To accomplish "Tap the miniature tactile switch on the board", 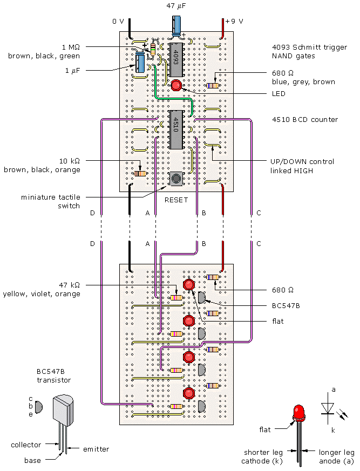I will pos(175,179).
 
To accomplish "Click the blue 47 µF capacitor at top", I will pos(176,26).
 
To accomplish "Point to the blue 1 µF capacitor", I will pos(140,63).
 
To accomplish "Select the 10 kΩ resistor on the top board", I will pos(139,173).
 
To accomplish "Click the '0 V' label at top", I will pos(118,22).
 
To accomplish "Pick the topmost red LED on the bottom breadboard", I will pos(189,285).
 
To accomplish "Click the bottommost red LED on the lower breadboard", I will pos(189,393).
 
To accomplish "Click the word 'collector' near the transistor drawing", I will pos(26,445).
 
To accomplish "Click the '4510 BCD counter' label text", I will pos(304,119).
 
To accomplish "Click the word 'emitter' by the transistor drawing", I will pos(97,449).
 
